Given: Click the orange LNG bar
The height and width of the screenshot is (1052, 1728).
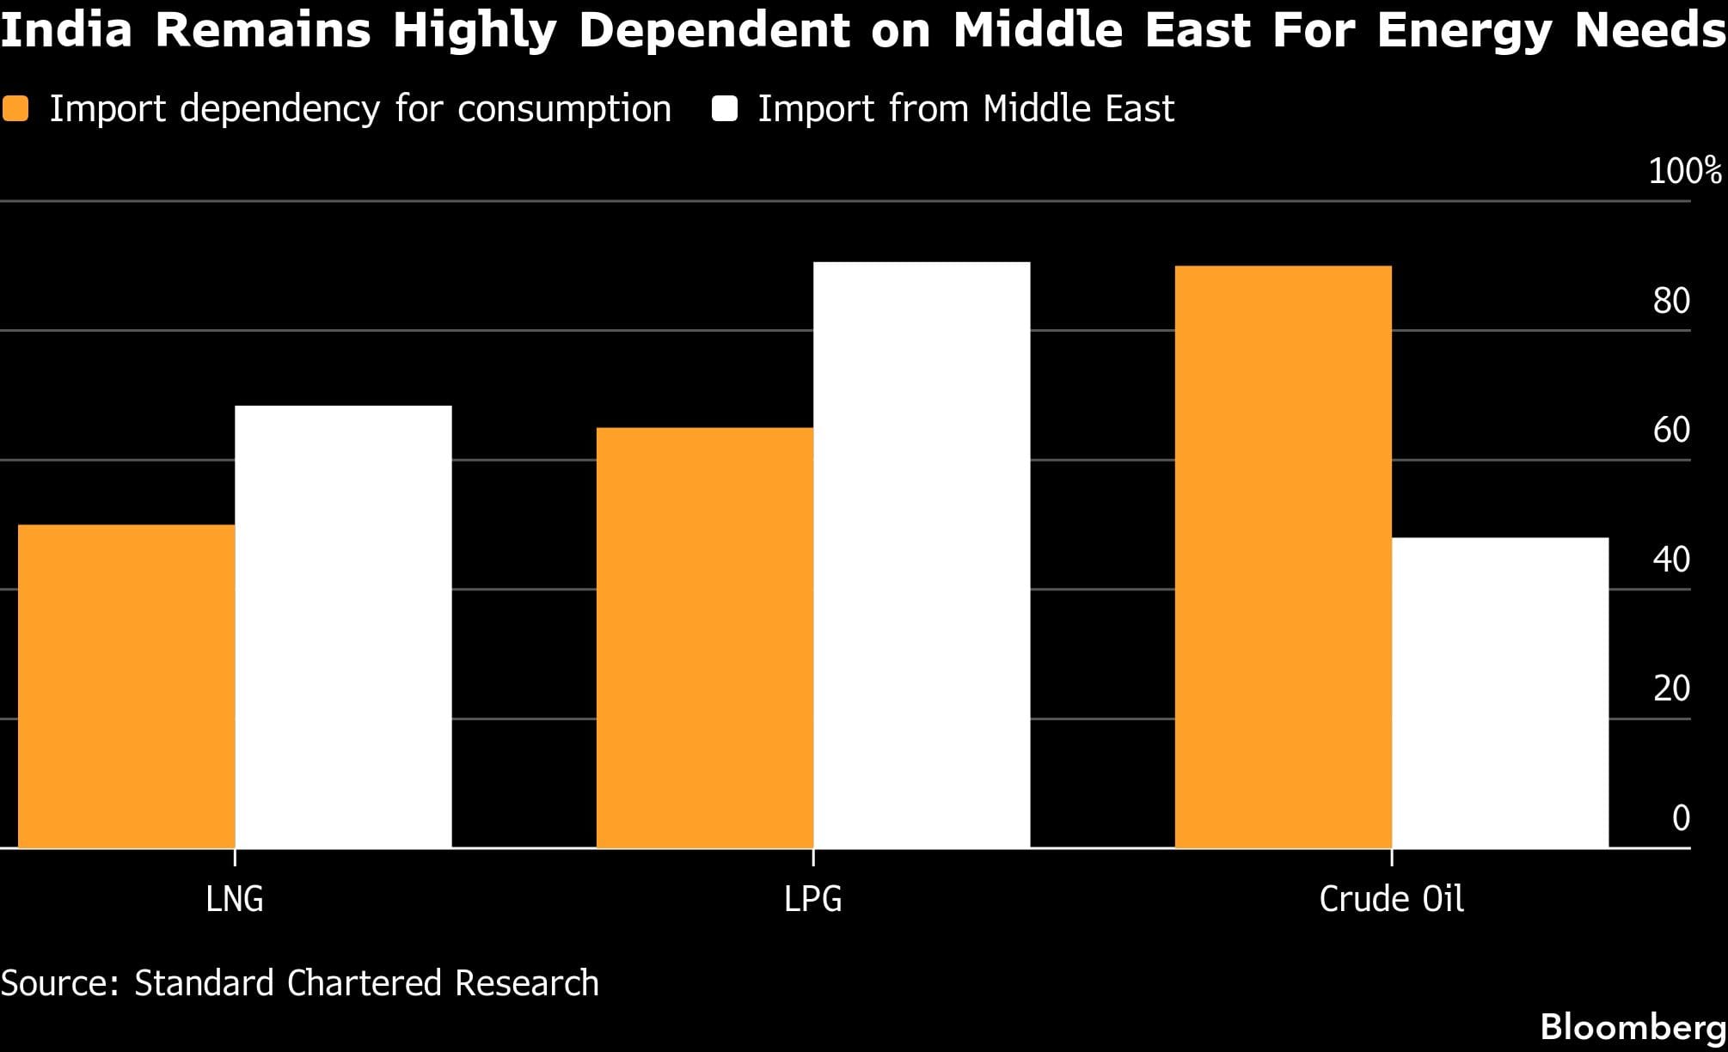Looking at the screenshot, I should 126,686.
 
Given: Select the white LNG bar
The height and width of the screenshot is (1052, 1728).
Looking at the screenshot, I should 343,627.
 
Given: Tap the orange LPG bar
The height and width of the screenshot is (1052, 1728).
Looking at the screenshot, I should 705,638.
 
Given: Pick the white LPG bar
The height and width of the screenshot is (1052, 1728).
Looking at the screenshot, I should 922,555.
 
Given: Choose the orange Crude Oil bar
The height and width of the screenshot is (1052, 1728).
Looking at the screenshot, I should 1283,557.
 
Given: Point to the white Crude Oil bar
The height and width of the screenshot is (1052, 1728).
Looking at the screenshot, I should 1500,693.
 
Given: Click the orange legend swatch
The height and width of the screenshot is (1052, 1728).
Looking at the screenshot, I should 15,109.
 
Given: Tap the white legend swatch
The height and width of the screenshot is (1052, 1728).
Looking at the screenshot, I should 725,109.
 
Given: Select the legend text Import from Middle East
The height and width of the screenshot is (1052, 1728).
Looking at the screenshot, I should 965,109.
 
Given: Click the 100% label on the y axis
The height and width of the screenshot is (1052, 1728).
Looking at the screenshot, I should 1684,171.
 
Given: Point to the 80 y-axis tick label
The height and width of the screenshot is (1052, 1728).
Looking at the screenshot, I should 1671,301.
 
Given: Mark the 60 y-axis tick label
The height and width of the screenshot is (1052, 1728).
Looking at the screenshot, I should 1671,430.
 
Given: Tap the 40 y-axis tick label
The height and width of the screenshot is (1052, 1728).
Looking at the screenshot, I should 1671,560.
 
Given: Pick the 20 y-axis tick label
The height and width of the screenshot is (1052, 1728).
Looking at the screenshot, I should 1671,688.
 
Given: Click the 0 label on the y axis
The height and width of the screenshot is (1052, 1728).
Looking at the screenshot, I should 1681,817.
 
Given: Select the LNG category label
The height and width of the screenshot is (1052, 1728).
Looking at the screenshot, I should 235,899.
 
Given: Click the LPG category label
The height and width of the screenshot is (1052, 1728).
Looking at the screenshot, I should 813,899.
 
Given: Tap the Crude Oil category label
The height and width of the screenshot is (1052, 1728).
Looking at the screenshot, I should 1391,899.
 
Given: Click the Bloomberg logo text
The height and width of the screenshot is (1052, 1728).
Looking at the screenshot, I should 1633,1027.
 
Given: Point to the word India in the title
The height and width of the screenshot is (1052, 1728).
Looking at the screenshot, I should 67,29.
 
